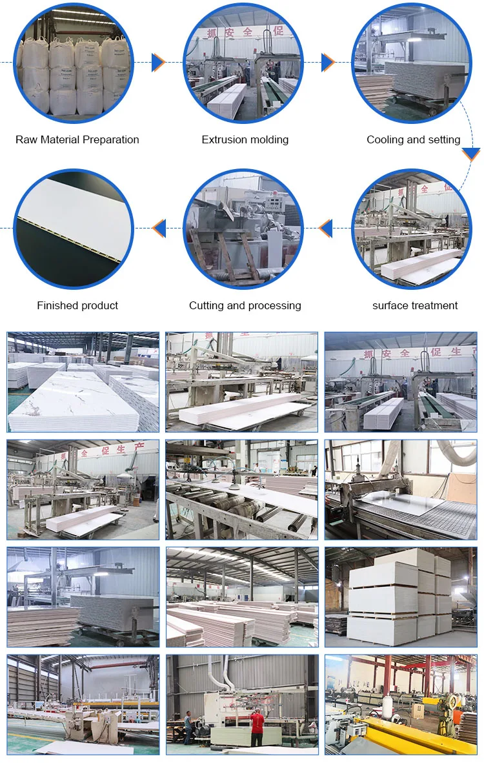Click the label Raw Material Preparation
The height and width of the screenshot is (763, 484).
point(77,139)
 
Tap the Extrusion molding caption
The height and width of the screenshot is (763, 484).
point(245,139)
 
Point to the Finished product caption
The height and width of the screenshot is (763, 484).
point(77,305)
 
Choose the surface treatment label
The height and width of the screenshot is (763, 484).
point(415,305)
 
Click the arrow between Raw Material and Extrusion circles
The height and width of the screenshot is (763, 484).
point(158,63)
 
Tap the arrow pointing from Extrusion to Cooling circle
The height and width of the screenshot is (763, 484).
point(328,63)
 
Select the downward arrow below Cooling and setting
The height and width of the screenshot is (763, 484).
point(471,154)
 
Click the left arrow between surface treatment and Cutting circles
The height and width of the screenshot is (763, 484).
point(326,228)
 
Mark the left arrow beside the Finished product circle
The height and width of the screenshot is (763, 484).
point(159,228)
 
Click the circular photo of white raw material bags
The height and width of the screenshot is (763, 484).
point(74,63)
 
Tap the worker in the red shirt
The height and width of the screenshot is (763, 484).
point(257,726)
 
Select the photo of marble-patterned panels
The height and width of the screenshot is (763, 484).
point(83,382)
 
